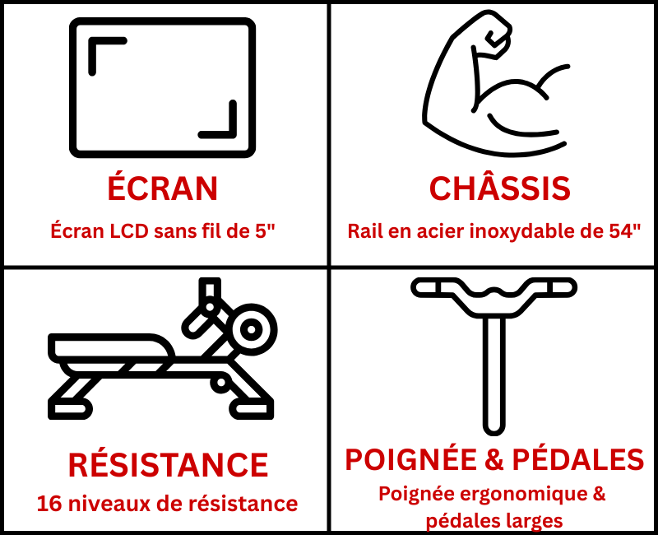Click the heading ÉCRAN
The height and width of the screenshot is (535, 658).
[x=162, y=188]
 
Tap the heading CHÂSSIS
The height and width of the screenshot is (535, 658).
[x=500, y=188]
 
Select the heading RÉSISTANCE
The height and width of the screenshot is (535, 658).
[x=168, y=464]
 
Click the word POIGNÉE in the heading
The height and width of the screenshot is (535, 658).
[x=410, y=459]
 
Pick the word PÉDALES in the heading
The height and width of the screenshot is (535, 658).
[x=578, y=459]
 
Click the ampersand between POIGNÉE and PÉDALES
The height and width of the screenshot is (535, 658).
[x=494, y=460]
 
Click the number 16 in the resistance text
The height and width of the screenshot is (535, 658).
[x=49, y=504]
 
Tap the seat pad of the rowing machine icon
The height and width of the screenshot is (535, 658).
[x=110, y=346]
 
